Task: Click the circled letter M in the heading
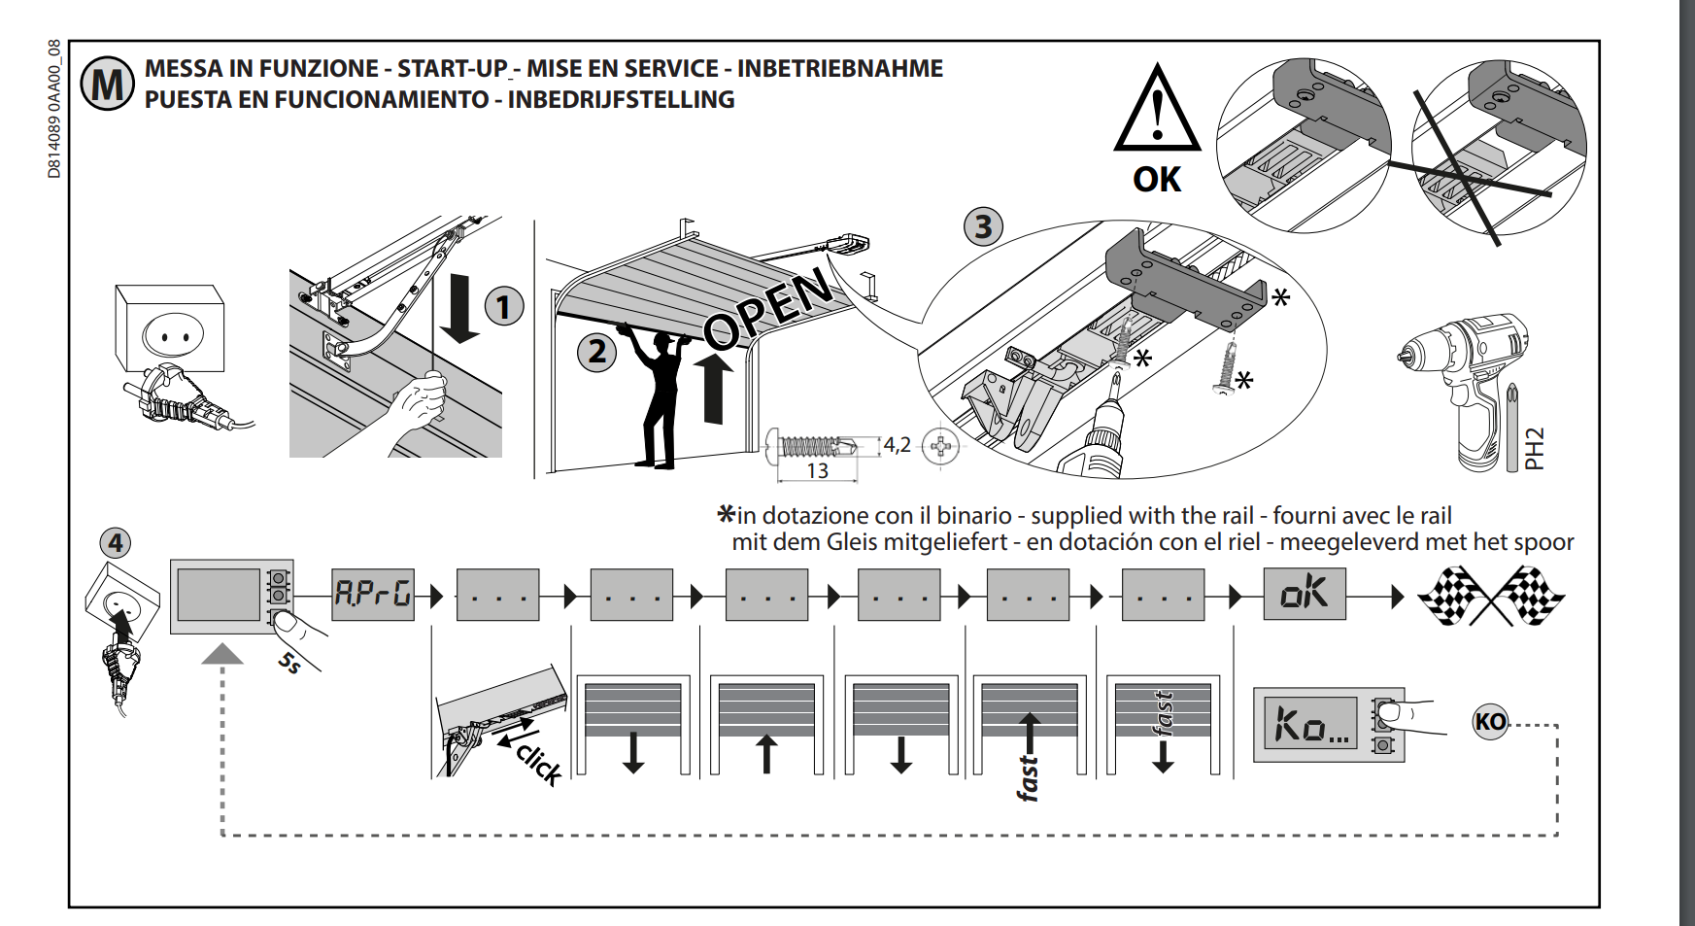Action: [107, 85]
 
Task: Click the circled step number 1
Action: [503, 307]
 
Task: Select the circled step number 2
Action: [597, 351]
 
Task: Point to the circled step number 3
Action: [983, 226]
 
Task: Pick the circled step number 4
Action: [116, 542]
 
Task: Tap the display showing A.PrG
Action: [373, 594]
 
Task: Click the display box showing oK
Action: [1304, 593]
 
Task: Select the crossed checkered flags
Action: [1491, 595]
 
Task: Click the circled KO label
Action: [1490, 722]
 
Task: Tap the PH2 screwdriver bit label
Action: [1534, 449]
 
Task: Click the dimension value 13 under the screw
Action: [817, 471]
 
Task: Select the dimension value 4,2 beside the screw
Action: [897, 445]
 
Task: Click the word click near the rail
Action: [540, 763]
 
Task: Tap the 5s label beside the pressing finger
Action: [289, 664]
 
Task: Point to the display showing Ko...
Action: [1310, 723]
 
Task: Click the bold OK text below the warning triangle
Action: [1157, 180]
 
